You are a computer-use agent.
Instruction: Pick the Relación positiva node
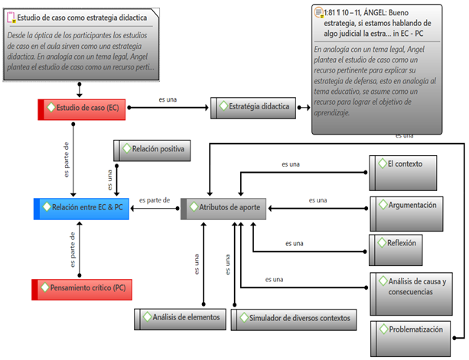[x=153, y=149]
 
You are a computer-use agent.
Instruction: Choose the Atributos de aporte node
[x=223, y=208]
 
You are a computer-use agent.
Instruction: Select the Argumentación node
[x=413, y=205]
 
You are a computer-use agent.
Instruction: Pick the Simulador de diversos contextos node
[x=295, y=317]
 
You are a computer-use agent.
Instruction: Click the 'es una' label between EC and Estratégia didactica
[x=168, y=99]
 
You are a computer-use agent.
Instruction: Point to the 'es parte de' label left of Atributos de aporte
[x=155, y=200]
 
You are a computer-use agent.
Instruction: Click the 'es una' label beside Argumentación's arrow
[x=318, y=199]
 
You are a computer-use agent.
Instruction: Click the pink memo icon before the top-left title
[x=10, y=15]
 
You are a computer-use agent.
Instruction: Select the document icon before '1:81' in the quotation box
[x=318, y=11]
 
